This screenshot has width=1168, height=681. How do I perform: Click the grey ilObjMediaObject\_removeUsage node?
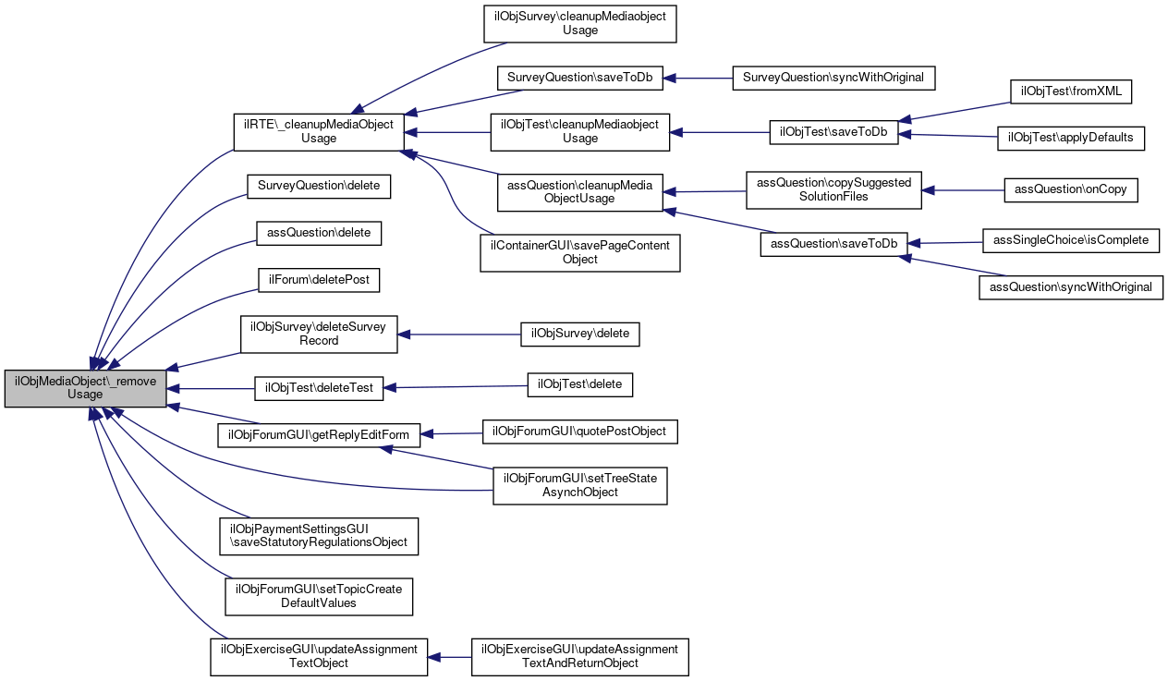pos(86,388)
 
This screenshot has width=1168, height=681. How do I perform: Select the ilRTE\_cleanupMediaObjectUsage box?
pos(319,132)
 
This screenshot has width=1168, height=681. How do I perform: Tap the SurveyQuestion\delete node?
pos(319,186)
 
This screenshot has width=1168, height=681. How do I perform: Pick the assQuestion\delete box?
pos(319,233)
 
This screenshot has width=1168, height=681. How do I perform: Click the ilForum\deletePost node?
pos(319,280)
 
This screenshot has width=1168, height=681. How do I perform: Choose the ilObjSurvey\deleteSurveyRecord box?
pos(319,334)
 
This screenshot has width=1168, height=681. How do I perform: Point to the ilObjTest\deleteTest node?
pos(319,388)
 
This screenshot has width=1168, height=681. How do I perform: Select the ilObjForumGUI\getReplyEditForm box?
pos(319,435)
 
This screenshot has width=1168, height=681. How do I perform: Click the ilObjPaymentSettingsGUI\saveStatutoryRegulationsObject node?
pos(319,536)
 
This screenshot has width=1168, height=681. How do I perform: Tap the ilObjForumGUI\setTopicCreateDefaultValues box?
pos(319,597)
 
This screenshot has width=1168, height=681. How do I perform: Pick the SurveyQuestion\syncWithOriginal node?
pos(833,79)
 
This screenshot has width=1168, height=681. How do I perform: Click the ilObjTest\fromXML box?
pos(1071,91)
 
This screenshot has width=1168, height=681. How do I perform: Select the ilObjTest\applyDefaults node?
pos(1071,139)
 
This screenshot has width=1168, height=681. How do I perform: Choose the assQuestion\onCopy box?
pos(1071,190)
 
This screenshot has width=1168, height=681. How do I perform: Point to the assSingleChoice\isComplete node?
pos(1071,241)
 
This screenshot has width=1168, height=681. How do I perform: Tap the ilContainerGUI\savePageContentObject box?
pos(579,253)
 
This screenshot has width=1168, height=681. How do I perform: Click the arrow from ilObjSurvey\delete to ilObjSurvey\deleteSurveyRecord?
pos(459,334)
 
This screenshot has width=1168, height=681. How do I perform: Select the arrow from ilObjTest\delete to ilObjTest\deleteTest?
pos(456,387)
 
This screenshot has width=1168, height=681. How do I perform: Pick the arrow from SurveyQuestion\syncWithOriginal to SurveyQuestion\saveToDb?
pos(698,79)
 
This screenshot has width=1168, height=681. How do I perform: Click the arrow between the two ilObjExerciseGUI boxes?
pos(449,658)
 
